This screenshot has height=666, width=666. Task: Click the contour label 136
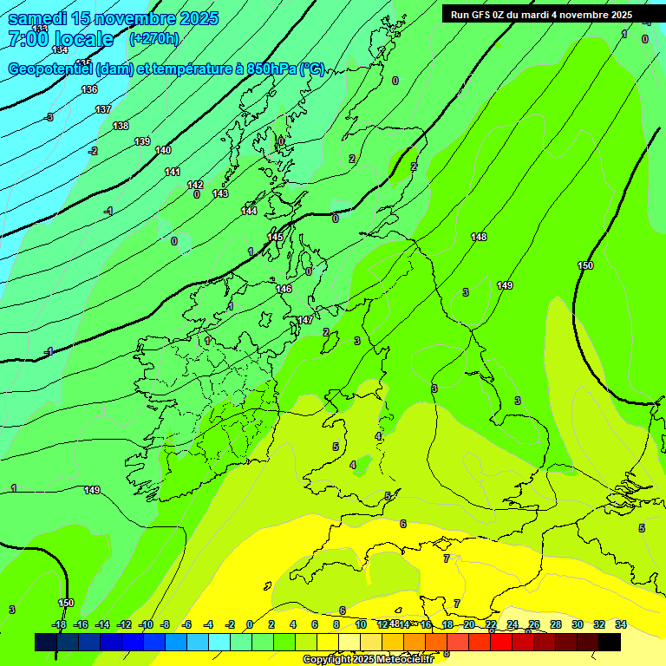tap(89, 89)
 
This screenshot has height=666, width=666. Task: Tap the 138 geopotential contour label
tap(121, 126)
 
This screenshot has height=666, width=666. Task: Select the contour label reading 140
tap(163, 150)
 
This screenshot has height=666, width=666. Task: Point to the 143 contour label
tap(220, 193)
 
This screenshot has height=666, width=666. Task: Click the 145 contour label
tap(275, 237)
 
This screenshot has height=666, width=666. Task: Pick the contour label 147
tap(305, 320)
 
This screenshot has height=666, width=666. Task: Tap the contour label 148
tap(479, 237)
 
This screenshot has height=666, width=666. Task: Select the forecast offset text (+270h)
tap(153, 38)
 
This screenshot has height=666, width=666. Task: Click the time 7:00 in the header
tap(29, 39)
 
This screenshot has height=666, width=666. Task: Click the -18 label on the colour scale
tap(59, 624)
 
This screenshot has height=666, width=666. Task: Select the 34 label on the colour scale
tap(621, 624)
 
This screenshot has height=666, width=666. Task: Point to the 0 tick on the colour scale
tap(250, 624)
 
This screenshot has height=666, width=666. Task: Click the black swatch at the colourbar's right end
tap(610, 642)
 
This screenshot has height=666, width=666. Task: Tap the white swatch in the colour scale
tap(349, 642)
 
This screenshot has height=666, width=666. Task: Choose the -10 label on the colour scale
tap(146, 624)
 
